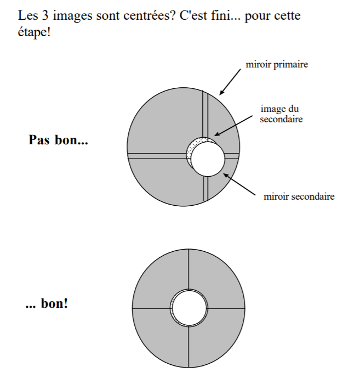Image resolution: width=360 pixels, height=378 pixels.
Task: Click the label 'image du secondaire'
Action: (281, 114)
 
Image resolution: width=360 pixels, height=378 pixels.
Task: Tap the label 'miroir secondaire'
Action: (299, 196)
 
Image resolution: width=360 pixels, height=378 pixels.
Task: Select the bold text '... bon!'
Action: (47, 303)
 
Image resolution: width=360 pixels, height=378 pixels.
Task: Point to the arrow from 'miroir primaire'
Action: (231, 81)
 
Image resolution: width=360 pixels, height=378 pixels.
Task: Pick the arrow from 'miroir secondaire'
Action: (241, 185)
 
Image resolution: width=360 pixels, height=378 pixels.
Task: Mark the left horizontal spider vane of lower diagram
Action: (151, 308)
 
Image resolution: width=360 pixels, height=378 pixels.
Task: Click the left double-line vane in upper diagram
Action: (156, 156)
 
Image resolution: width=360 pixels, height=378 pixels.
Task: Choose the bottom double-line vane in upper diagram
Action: (205, 189)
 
